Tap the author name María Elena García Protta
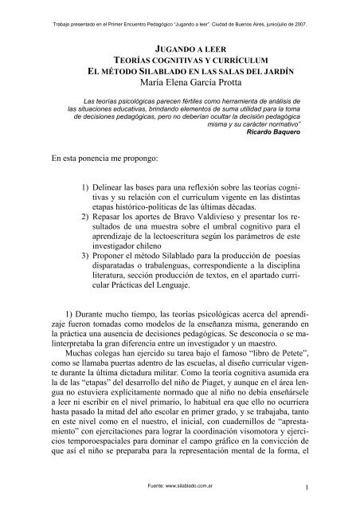[180, 81]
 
